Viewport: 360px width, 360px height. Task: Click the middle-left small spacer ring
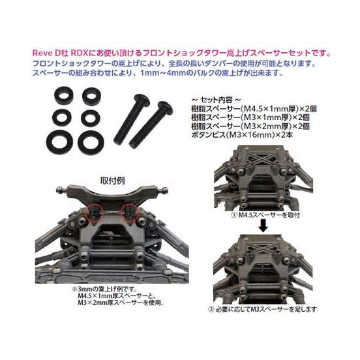64,116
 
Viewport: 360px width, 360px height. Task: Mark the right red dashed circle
131,213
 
